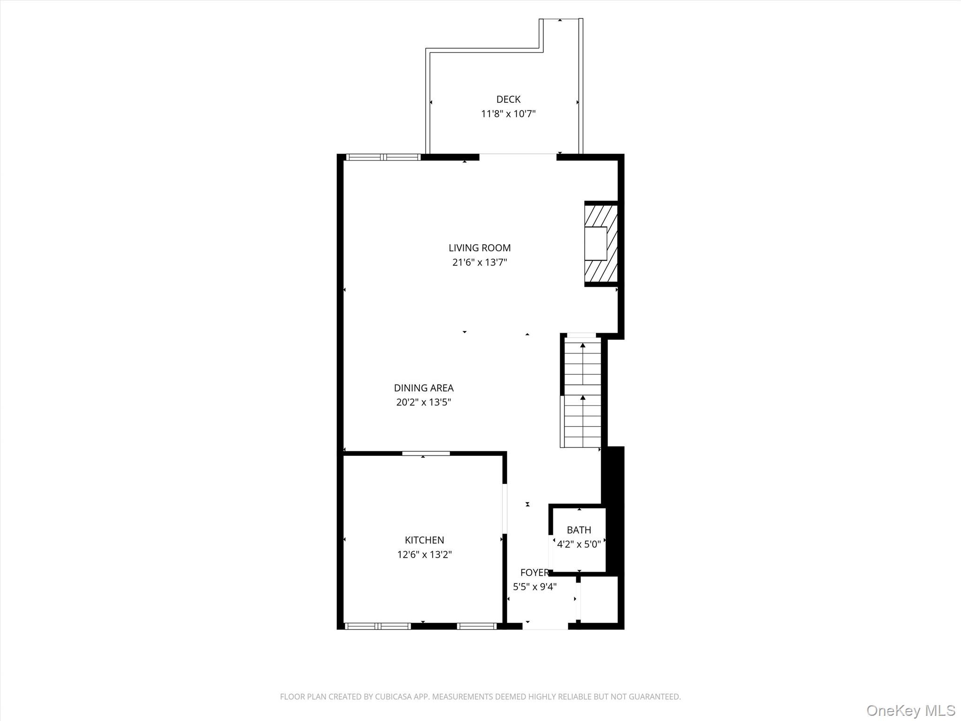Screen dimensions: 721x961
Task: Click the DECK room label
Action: click(x=508, y=99)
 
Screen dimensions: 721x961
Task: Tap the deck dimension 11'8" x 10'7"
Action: click(x=508, y=114)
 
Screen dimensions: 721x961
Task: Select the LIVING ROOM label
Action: click(x=479, y=247)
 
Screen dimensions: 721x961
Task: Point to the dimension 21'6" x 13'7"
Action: click(x=479, y=262)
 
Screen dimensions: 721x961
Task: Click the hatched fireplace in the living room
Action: click(x=600, y=244)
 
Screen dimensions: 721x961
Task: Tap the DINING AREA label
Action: click(x=423, y=388)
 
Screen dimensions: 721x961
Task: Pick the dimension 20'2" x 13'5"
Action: click(x=423, y=402)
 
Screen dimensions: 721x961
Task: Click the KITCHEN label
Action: click(x=424, y=540)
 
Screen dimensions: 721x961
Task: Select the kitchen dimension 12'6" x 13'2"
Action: click(x=424, y=554)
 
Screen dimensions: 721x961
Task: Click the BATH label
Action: click(x=579, y=530)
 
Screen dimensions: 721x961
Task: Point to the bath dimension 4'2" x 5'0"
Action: click(x=579, y=545)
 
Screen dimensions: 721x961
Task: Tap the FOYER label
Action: click(x=534, y=573)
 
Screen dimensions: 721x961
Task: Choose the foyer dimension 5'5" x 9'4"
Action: click(x=534, y=587)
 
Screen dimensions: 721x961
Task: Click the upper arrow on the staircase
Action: click(x=583, y=346)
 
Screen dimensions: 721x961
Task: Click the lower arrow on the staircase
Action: click(x=583, y=398)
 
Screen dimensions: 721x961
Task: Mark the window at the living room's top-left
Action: click(x=383, y=157)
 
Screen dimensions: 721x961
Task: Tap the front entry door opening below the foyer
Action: click(x=545, y=626)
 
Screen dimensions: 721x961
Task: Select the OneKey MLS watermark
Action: click(x=910, y=710)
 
